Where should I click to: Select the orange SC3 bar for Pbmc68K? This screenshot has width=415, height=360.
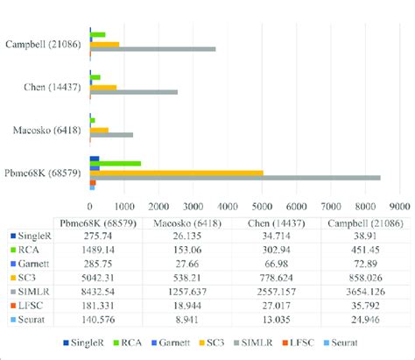coord(176,172)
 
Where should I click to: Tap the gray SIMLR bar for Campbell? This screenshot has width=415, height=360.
coord(152,49)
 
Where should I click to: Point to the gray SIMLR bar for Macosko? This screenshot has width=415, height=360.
coord(111,135)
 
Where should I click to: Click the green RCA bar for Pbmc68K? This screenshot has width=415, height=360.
coord(115,163)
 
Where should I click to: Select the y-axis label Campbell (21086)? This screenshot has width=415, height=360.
coord(45,42)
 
